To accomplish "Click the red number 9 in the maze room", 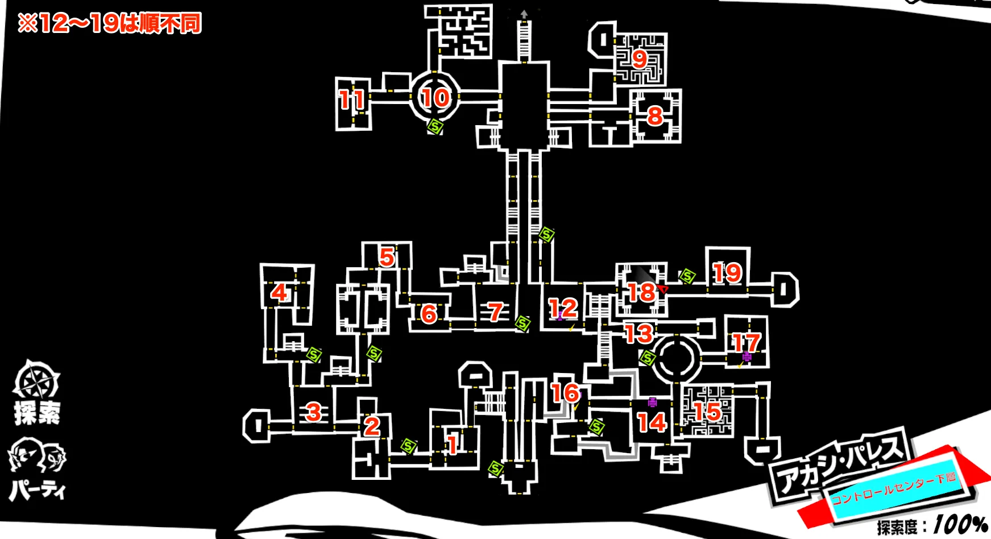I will tap(640, 59).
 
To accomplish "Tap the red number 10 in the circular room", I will tap(436, 98).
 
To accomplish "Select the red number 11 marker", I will tap(352, 100).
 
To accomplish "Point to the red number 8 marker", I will tap(655, 116).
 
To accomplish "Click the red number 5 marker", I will tap(387, 257).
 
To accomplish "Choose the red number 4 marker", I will tap(279, 293).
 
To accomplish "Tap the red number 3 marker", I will tap(313, 412).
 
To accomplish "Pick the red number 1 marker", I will tap(453, 445).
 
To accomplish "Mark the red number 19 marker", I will tap(727, 273).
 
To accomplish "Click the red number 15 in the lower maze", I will tap(708, 412).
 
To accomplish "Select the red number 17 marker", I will tap(746, 342).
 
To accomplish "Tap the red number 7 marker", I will tap(496, 312).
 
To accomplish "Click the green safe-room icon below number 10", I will tap(436, 126).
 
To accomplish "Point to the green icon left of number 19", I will tap(687, 277).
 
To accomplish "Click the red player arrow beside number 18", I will tap(663, 289).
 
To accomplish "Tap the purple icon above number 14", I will tap(653, 403).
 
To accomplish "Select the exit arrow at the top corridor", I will tap(524, 14).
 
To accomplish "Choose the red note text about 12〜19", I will tap(110, 24).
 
